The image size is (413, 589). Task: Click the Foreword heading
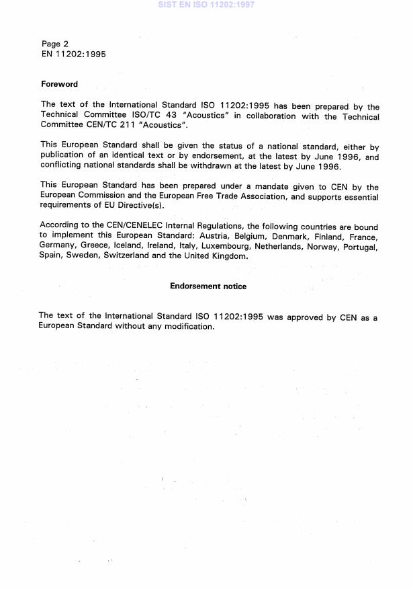(x=59, y=84)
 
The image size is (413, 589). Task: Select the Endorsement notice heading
(x=208, y=286)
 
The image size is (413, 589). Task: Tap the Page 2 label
(x=55, y=44)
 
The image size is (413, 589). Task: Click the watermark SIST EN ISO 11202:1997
(x=206, y=5)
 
